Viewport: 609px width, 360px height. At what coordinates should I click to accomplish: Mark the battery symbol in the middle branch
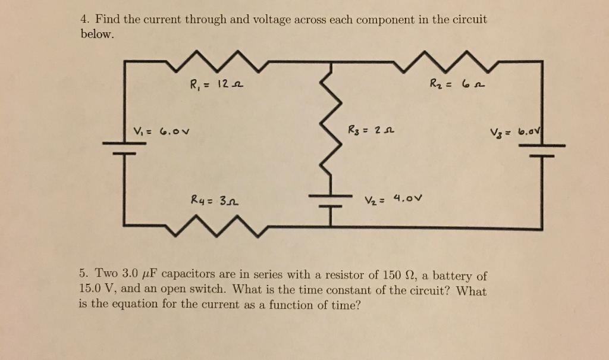click(x=331, y=200)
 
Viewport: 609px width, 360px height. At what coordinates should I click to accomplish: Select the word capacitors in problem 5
click(x=187, y=276)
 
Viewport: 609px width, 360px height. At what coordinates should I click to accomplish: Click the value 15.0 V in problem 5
click(x=95, y=290)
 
